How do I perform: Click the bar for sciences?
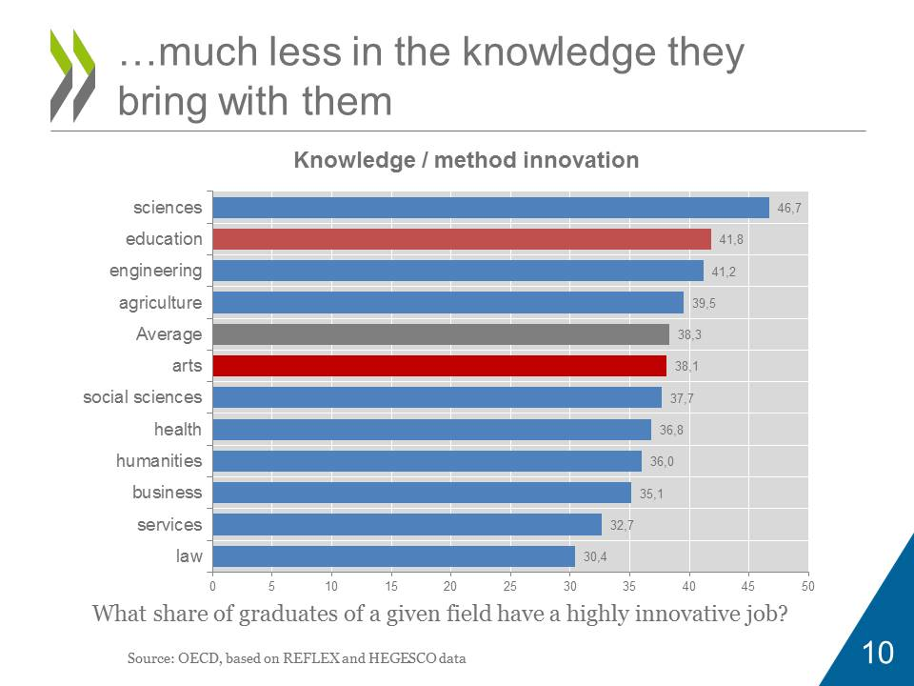click(x=490, y=208)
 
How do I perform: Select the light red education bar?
click(x=462, y=239)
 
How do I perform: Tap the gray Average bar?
click(x=441, y=334)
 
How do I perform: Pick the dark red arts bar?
click(x=439, y=366)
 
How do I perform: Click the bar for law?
click(x=393, y=556)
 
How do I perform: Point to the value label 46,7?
click(x=789, y=208)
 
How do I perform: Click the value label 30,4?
click(x=595, y=556)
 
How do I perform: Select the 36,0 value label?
click(x=661, y=461)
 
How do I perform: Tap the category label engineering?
click(x=155, y=271)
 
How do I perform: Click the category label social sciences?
click(x=142, y=397)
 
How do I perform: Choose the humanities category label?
click(x=159, y=461)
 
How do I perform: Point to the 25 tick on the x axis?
click(x=510, y=584)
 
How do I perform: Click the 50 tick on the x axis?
click(x=808, y=584)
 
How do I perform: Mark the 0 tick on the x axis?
click(x=212, y=584)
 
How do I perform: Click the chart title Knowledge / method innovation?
click(x=466, y=160)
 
